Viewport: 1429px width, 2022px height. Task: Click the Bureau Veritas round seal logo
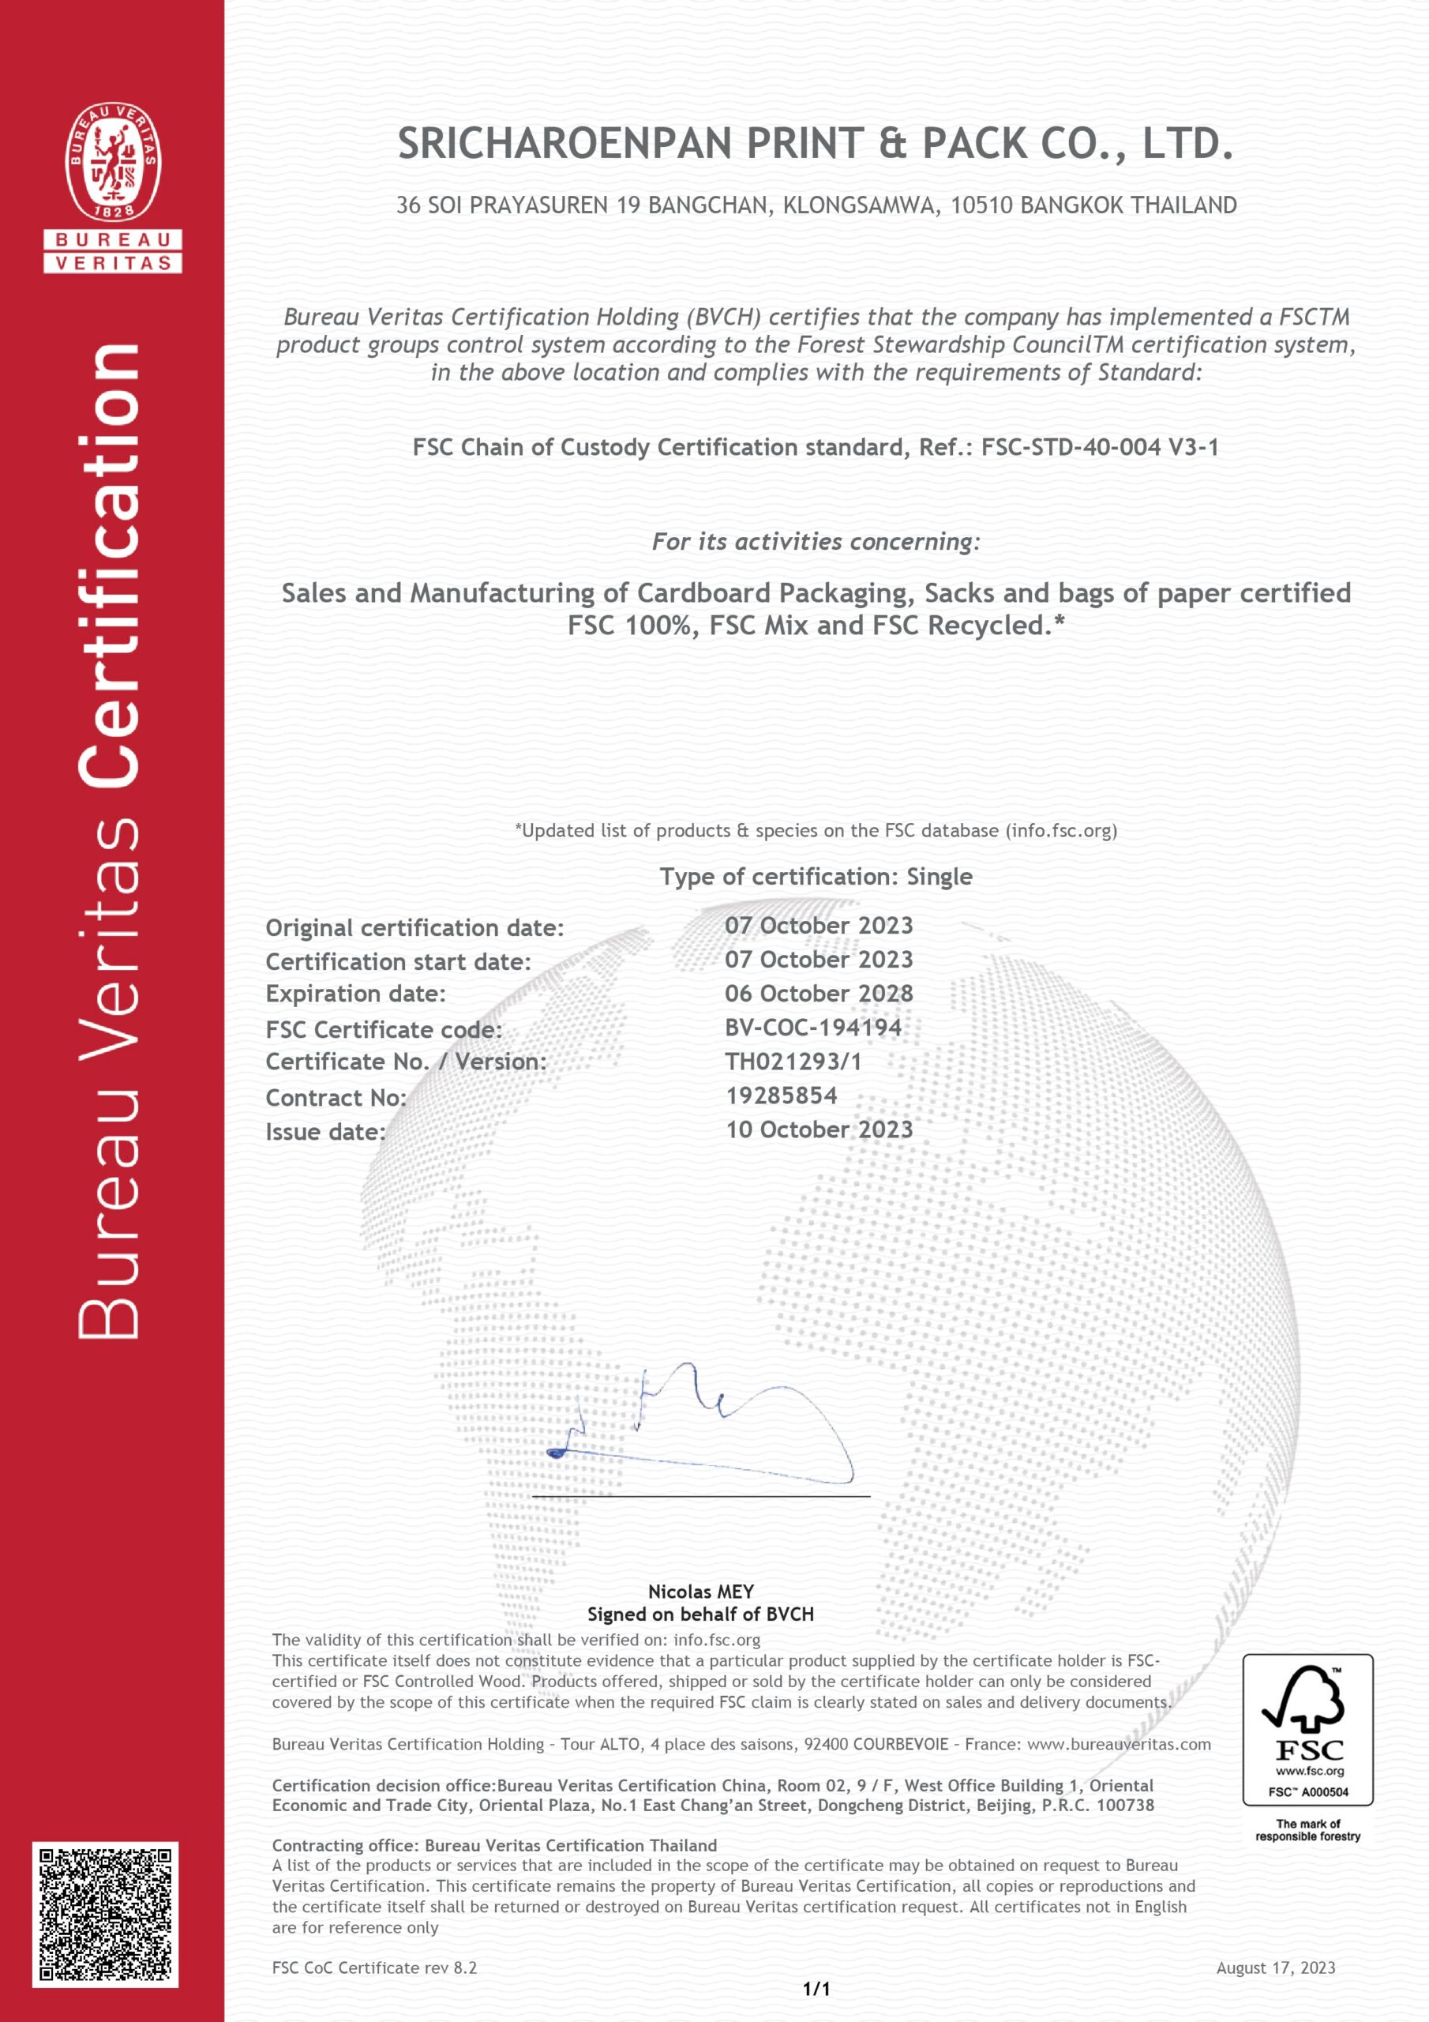point(113,161)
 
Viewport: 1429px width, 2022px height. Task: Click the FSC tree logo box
point(1307,1730)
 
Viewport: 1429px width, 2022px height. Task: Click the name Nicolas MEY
point(701,1592)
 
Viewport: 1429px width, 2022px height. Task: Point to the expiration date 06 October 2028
point(819,994)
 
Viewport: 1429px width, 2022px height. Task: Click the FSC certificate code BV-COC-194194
point(812,1027)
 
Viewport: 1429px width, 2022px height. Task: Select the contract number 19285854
point(782,1096)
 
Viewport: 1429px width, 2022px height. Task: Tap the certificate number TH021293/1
point(793,1062)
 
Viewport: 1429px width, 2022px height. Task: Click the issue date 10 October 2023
point(819,1130)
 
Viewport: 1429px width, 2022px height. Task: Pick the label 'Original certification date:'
point(414,928)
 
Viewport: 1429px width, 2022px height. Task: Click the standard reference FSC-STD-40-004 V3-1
point(1100,447)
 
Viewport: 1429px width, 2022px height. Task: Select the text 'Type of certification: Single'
point(816,878)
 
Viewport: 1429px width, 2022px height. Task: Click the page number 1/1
point(816,1989)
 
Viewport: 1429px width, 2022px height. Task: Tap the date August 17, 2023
point(1276,1968)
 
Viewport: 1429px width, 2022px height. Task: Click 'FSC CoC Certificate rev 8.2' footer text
point(374,1968)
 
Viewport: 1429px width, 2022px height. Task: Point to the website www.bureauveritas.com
point(1119,1744)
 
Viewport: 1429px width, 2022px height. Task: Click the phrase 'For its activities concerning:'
point(816,542)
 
